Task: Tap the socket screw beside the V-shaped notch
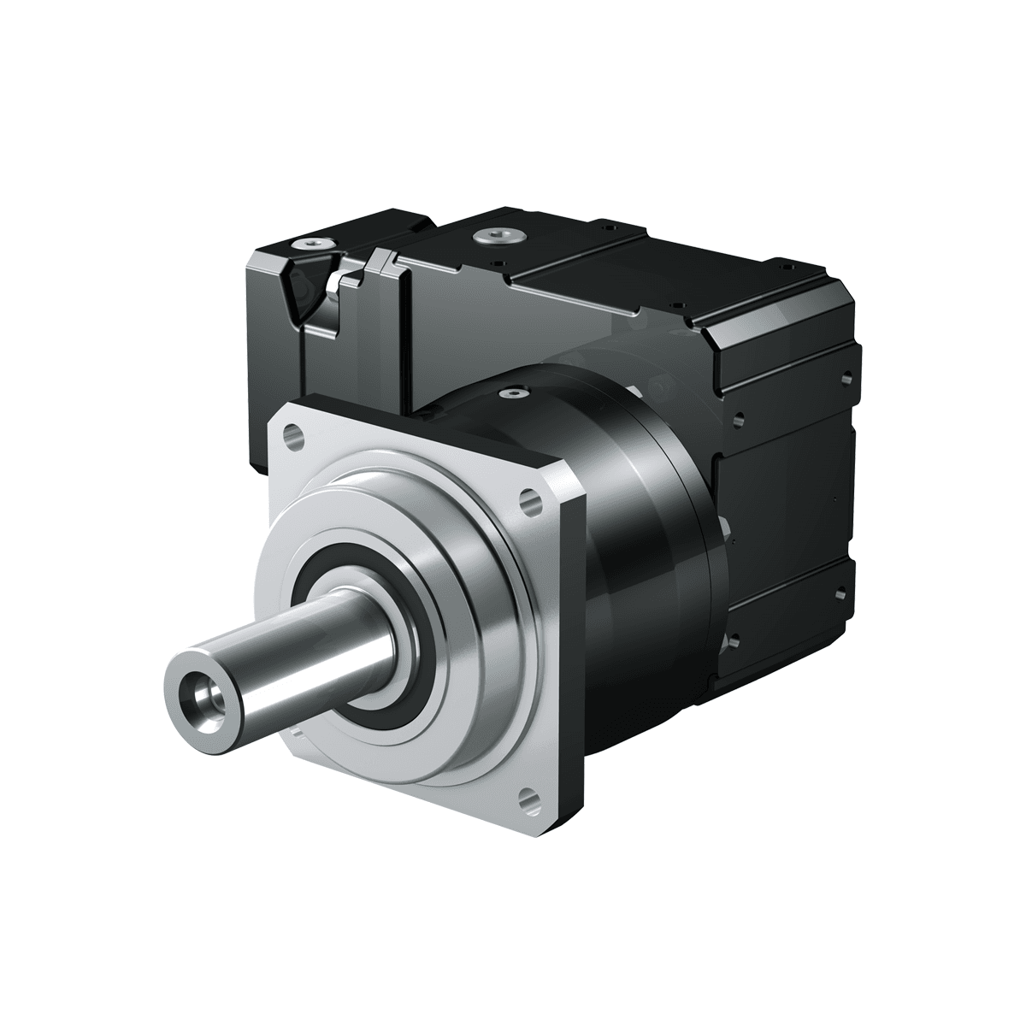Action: coord(312,246)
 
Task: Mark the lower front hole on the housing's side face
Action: coord(732,640)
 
